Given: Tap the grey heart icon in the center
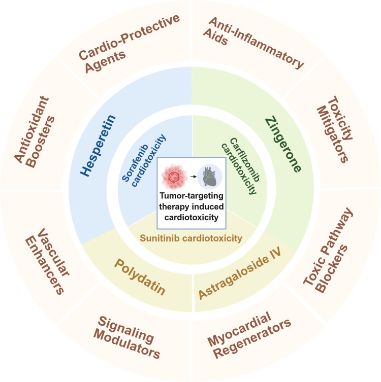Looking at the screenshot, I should pos(208,178).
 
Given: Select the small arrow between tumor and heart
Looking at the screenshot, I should pos(191,178).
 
